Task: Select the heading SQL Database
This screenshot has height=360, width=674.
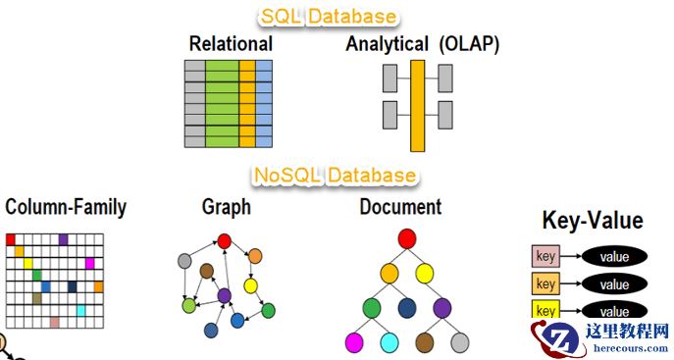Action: pyautogui.click(x=329, y=16)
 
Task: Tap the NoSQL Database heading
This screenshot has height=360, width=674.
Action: pyautogui.click(x=335, y=176)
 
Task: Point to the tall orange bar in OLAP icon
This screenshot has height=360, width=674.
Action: pyautogui.click(x=417, y=105)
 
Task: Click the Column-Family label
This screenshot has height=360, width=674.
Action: pyautogui.click(x=66, y=208)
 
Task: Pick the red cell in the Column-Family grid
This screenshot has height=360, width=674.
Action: pyautogui.click(x=11, y=239)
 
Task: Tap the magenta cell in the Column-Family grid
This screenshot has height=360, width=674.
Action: pyautogui.click(x=90, y=263)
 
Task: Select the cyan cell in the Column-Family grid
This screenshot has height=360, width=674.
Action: pyautogui.click(x=81, y=310)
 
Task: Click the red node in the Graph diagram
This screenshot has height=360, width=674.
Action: pyautogui.click(x=225, y=240)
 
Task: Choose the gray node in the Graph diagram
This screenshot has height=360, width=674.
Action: pyautogui.click(x=183, y=261)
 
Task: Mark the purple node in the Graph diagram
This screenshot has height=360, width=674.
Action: pyautogui.click(x=225, y=295)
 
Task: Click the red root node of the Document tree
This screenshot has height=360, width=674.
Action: pyautogui.click(x=407, y=238)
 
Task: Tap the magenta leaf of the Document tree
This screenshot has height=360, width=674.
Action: pyautogui.click(x=354, y=342)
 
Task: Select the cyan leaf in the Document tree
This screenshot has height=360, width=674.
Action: pyautogui.click(x=389, y=342)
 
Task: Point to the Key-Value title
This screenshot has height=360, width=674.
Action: pyautogui.click(x=592, y=221)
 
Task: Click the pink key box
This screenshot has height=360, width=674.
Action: pyautogui.click(x=545, y=257)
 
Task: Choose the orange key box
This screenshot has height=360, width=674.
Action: pyautogui.click(x=545, y=284)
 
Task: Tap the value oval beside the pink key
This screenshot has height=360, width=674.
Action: pyautogui.click(x=614, y=257)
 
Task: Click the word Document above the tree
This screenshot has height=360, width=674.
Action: pyautogui.click(x=400, y=207)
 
